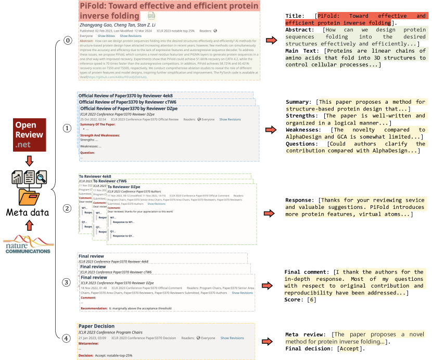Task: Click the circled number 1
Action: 67,128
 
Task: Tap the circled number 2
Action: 67,208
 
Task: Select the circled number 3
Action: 67,282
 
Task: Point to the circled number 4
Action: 67,338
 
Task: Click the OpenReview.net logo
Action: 29,134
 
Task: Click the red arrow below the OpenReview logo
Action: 29,159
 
